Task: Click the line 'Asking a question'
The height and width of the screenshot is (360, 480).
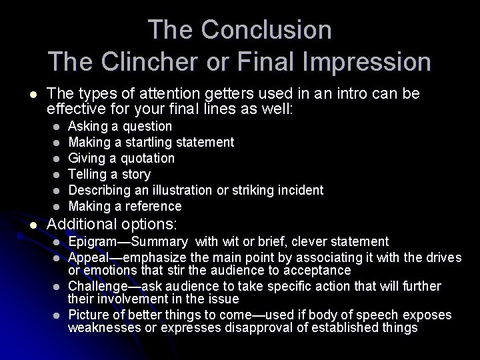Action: click(x=121, y=126)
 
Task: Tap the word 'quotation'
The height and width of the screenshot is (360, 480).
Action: click(x=145, y=158)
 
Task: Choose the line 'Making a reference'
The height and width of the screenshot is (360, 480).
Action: click(x=125, y=206)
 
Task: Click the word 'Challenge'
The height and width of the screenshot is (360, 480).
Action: click(x=97, y=286)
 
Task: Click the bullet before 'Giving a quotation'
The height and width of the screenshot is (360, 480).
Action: click(x=57, y=159)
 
